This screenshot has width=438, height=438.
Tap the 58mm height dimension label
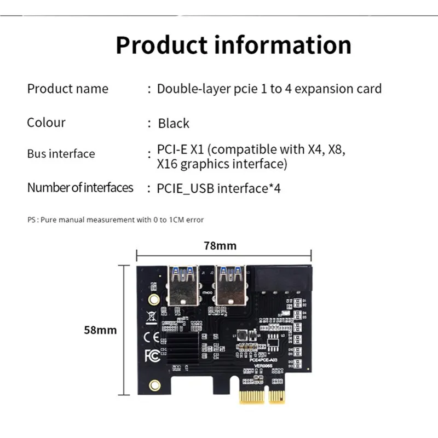pos(100,330)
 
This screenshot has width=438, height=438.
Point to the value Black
pos(174,123)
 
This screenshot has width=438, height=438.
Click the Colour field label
pos(46,122)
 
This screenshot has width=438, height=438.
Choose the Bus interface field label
pos(61,154)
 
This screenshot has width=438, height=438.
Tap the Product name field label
pos(68,89)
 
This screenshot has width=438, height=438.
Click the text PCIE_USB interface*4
pos(218,188)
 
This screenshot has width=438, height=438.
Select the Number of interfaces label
pos(80,188)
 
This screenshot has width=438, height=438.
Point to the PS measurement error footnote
pos(116,220)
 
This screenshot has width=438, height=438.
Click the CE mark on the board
pos(151,336)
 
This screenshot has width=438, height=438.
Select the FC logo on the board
pos(152,355)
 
